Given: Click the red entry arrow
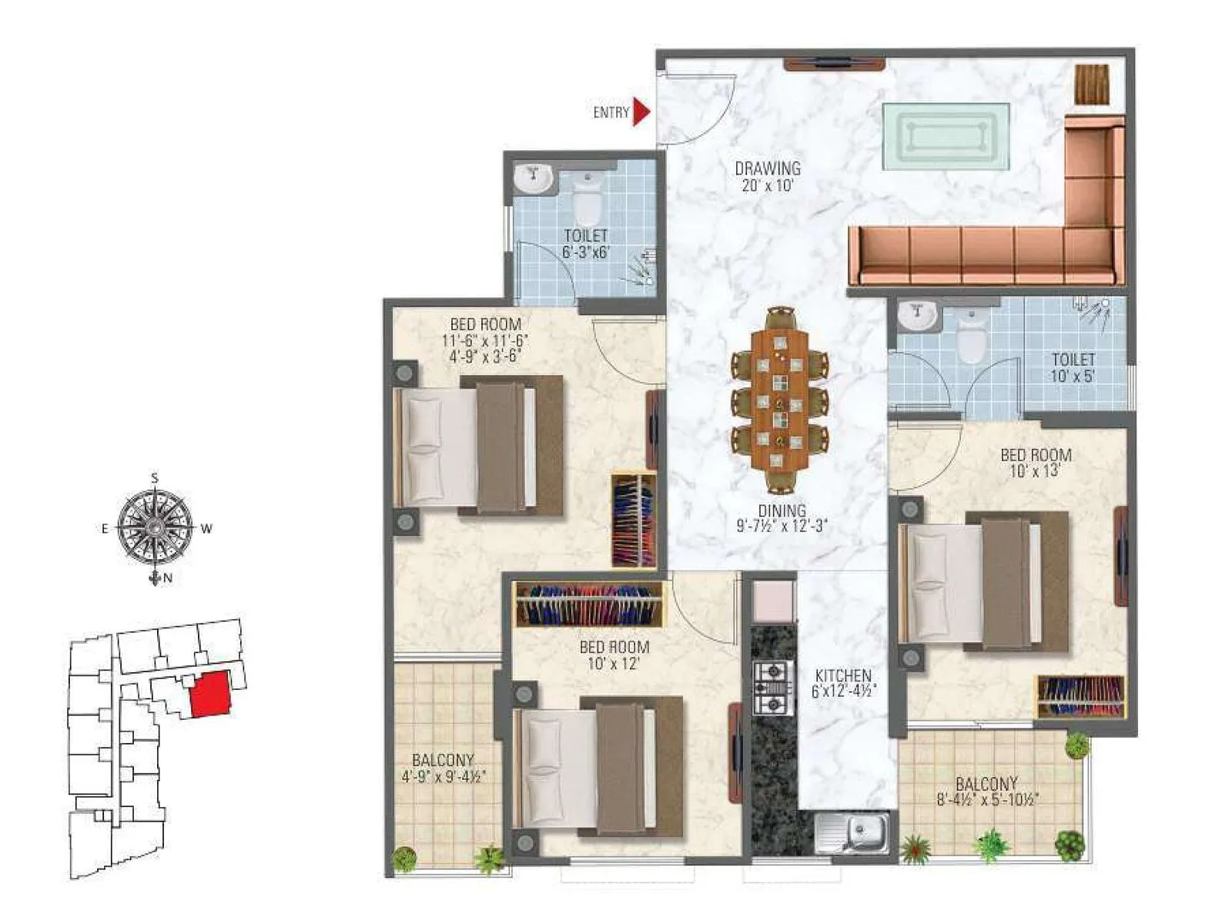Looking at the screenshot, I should tap(641, 112).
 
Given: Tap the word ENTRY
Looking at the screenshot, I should tap(611, 112).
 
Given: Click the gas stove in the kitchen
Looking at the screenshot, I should tap(772, 687).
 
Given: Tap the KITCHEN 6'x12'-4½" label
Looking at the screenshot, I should tap(844, 683).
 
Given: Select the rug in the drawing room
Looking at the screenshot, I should tap(946, 136).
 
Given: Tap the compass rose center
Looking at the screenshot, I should tap(155, 527).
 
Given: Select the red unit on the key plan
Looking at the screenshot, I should tap(210, 694).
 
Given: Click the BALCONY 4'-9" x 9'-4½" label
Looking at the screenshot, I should tap(443, 768).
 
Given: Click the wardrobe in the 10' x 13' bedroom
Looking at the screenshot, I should tap(1081, 697).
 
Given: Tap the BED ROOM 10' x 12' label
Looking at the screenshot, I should tap(614, 655).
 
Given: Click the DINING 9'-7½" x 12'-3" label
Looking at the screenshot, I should tap(781, 518).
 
